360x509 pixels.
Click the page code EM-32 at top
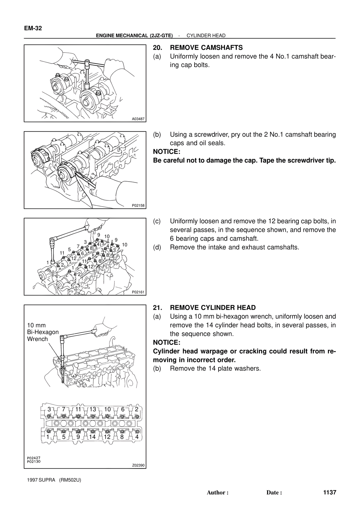(33, 28)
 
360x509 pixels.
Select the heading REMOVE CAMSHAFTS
(206, 47)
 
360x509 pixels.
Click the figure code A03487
(138, 119)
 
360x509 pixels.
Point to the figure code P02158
(138, 205)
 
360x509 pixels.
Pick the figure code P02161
(138, 292)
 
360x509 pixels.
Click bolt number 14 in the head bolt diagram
(92, 437)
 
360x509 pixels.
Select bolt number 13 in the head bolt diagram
(93, 409)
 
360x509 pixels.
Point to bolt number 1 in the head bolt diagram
(48, 437)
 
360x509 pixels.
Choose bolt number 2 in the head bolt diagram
(137, 409)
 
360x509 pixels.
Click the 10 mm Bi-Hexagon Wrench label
(42, 332)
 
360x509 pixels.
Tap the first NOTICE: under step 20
(166, 152)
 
